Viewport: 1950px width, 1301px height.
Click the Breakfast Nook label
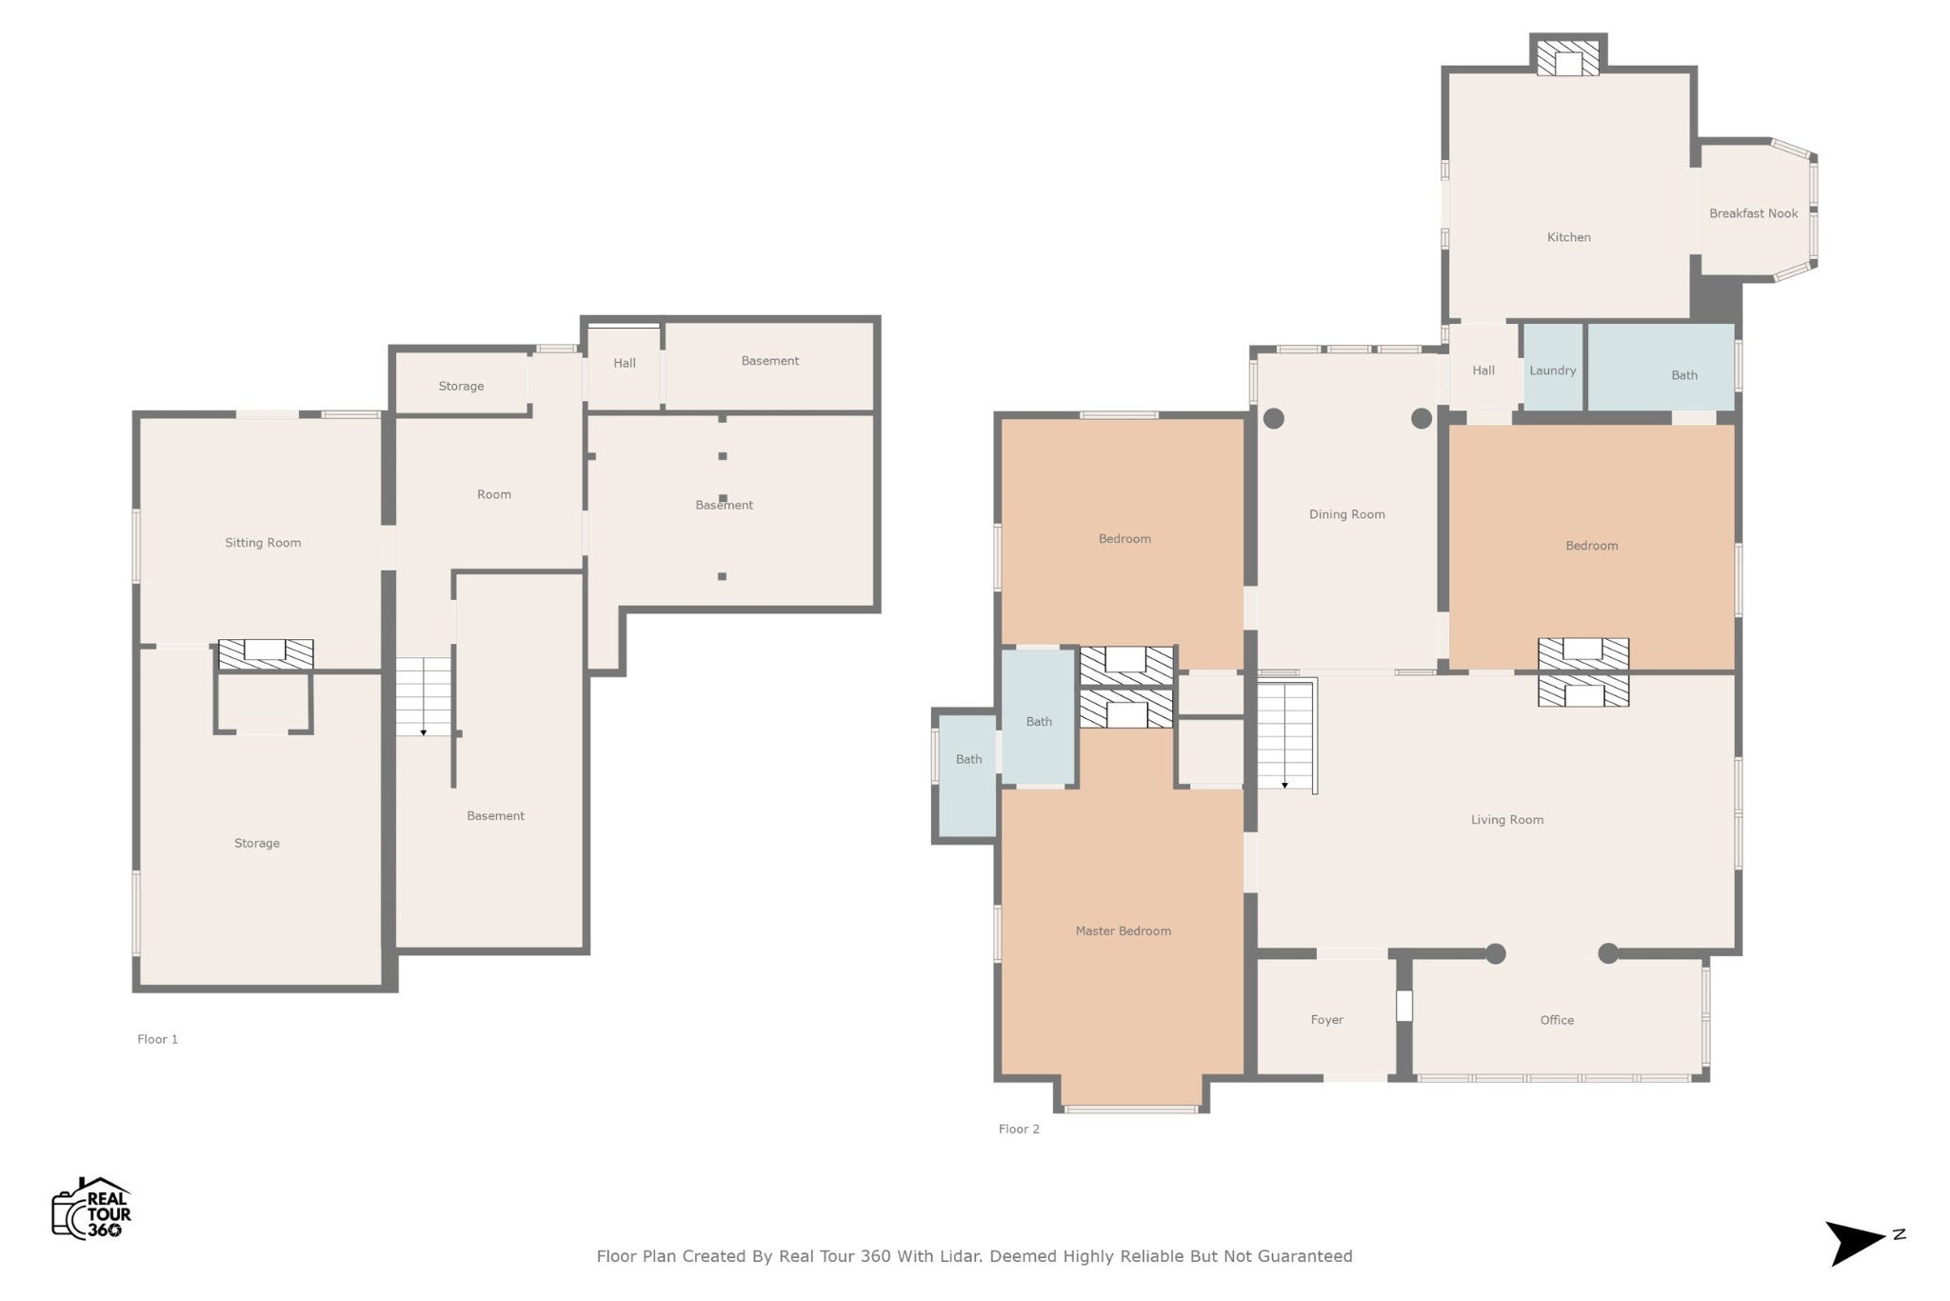pyautogui.click(x=1753, y=213)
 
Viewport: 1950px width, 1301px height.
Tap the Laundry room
pyautogui.click(x=1553, y=368)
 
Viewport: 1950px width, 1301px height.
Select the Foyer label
pyautogui.click(x=1326, y=1020)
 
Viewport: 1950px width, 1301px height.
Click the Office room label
pyautogui.click(x=1557, y=1020)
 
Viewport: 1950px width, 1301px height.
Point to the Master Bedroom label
pyautogui.click(x=1123, y=931)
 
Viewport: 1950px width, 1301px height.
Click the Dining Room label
pyautogui.click(x=1346, y=514)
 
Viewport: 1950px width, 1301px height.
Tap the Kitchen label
pyautogui.click(x=1568, y=237)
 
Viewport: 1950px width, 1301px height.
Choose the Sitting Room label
pyautogui.click(x=263, y=543)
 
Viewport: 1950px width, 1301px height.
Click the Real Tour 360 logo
pyautogui.click(x=91, y=1209)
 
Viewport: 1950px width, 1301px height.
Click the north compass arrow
pyautogui.click(x=1855, y=1243)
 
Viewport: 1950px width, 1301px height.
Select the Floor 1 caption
pyautogui.click(x=157, y=1039)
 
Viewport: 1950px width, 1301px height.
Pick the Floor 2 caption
pyautogui.click(x=1019, y=1129)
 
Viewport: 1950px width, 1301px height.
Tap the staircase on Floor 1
pyautogui.click(x=423, y=696)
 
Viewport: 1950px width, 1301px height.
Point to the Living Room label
pyautogui.click(x=1506, y=819)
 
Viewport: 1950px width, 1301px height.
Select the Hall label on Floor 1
pyautogui.click(x=625, y=363)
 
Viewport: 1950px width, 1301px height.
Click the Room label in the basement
pyautogui.click(x=494, y=494)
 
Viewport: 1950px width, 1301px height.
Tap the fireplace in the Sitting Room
pyautogui.click(x=266, y=653)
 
